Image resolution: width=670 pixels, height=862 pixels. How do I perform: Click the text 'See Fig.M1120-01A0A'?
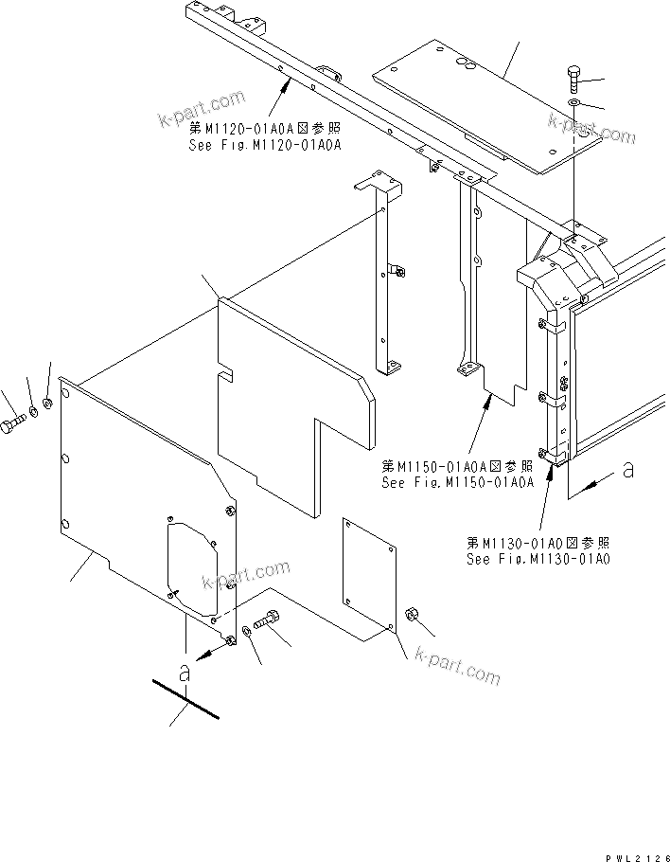click(265, 144)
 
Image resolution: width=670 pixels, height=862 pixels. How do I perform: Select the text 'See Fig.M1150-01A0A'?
click(458, 481)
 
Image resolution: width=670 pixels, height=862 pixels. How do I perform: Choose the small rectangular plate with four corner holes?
click(368, 576)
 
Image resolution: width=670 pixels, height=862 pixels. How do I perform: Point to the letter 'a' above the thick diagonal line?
click(185, 673)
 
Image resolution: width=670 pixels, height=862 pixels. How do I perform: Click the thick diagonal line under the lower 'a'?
click(185, 699)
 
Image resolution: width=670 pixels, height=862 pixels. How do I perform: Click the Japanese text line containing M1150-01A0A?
click(458, 466)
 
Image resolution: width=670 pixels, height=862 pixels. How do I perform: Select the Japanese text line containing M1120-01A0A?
click(265, 128)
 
